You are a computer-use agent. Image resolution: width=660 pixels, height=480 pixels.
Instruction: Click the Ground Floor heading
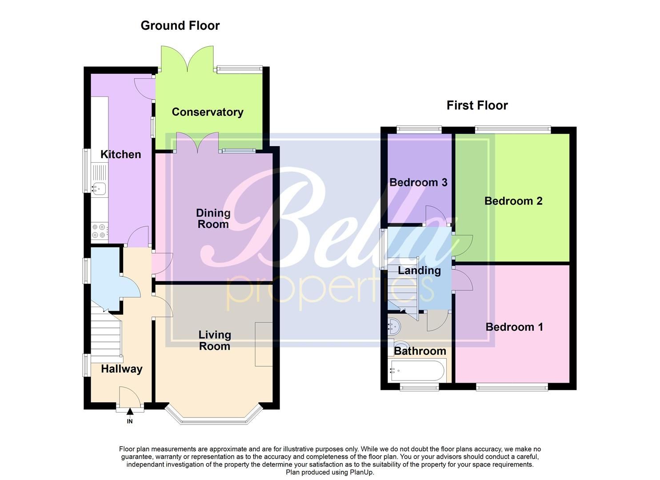pos(180,26)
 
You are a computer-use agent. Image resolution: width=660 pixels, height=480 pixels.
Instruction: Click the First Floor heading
pos(477,105)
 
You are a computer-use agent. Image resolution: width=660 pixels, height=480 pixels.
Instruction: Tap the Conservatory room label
pos(208,112)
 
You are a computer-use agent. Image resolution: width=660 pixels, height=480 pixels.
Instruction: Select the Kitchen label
pos(120,154)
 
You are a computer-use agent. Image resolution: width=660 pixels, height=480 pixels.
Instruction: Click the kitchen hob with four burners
pos(99,231)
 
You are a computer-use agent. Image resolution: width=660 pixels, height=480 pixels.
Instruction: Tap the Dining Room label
pos(213,218)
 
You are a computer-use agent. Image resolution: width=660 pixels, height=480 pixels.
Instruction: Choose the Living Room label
pos(214,340)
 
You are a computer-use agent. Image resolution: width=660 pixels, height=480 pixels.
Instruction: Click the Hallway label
pos(121,369)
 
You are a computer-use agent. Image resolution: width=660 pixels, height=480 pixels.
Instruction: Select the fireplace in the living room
pos(264,344)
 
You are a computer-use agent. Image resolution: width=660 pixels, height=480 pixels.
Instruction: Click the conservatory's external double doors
pos(187,59)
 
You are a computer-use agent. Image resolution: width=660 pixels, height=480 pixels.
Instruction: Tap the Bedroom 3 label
pos(418,182)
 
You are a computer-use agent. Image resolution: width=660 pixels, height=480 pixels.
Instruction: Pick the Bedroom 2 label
pos(513,201)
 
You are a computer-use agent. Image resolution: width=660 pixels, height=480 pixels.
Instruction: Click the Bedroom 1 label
pos(514,327)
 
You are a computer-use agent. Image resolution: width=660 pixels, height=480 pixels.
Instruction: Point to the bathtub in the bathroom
pos(417,370)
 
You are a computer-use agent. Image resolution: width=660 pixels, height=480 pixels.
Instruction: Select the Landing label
pos(419,270)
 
